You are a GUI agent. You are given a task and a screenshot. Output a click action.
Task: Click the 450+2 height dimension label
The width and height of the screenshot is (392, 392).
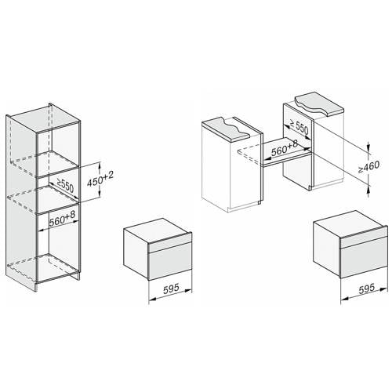pos(100,180)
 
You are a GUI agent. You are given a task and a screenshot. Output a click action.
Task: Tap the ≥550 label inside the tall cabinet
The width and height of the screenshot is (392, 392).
pos(65,186)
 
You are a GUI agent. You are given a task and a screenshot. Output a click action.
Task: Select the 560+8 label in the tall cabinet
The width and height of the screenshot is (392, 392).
pos(62,218)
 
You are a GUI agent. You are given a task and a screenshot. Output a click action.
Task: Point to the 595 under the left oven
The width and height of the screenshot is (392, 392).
pos(171,289)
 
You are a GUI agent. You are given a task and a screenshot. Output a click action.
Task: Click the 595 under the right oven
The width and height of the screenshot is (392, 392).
pos(367,289)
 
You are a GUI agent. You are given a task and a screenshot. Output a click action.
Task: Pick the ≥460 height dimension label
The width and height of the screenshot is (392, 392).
pos(368,166)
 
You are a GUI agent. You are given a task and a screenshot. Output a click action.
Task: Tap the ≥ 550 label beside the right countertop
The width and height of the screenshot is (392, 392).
pos(299,127)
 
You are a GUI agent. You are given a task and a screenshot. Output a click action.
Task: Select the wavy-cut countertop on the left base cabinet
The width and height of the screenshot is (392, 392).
pos(227,129)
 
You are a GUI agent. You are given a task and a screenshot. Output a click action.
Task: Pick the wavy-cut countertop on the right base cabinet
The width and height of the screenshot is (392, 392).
pos(319,104)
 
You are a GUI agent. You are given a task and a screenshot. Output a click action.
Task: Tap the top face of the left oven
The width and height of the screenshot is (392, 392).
pos(158,229)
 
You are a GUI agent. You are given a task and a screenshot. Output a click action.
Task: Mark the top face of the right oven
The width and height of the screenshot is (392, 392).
pos(349,222)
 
